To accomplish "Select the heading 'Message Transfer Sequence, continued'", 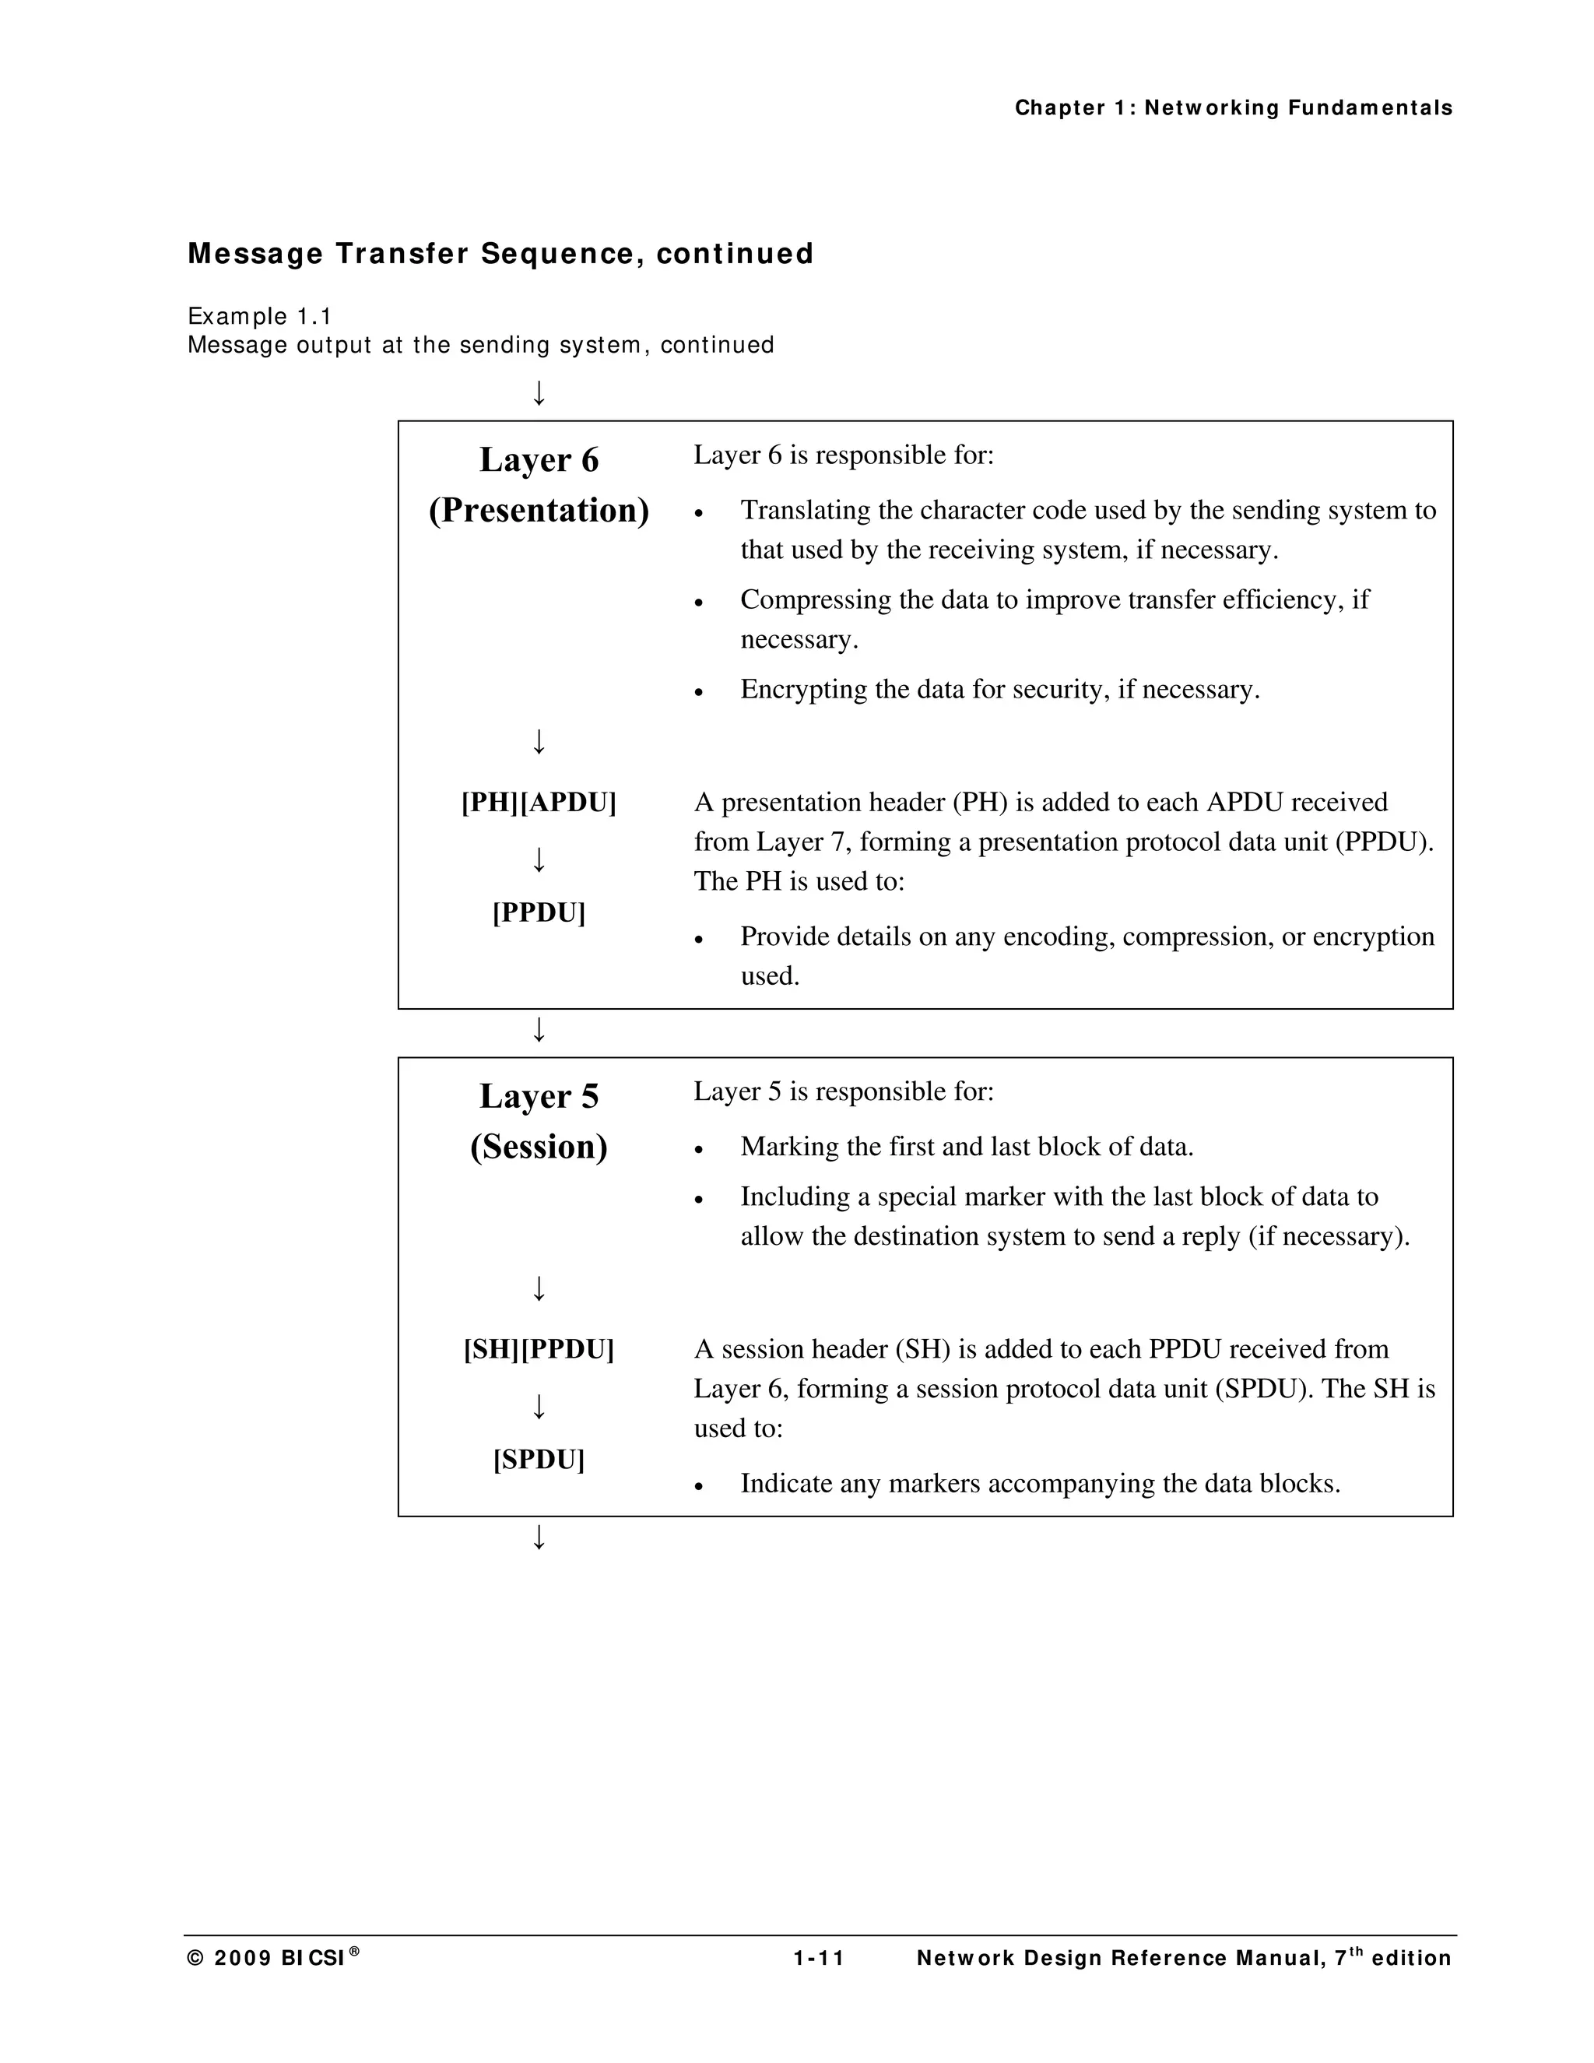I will pyautogui.click(x=500, y=254).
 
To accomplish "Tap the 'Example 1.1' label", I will pyautogui.click(x=260, y=315).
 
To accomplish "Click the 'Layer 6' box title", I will pyautogui.click(x=539, y=460).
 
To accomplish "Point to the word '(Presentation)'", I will pyautogui.click(x=539, y=511).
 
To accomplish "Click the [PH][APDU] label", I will pyautogui.click(x=539, y=803).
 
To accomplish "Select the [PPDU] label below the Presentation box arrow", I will pyautogui.click(x=539, y=913).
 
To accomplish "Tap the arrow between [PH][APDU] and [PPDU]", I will pyautogui.click(x=539, y=859).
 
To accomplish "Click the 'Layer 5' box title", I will pyautogui.click(x=539, y=1097).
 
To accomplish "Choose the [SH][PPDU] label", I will pyautogui.click(x=539, y=1350).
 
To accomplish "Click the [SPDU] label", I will pyautogui.click(x=539, y=1460).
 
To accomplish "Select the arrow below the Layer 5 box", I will pyautogui.click(x=539, y=1538).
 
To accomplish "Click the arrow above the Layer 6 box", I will pyautogui.click(x=539, y=392).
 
